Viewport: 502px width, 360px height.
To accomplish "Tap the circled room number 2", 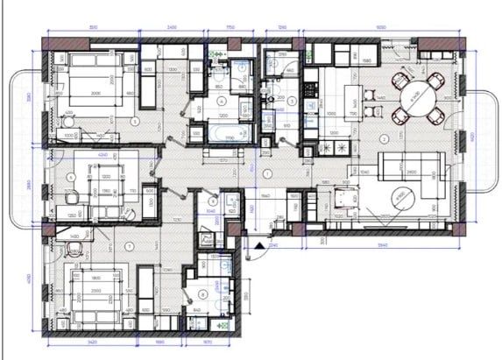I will (x=384, y=138).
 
